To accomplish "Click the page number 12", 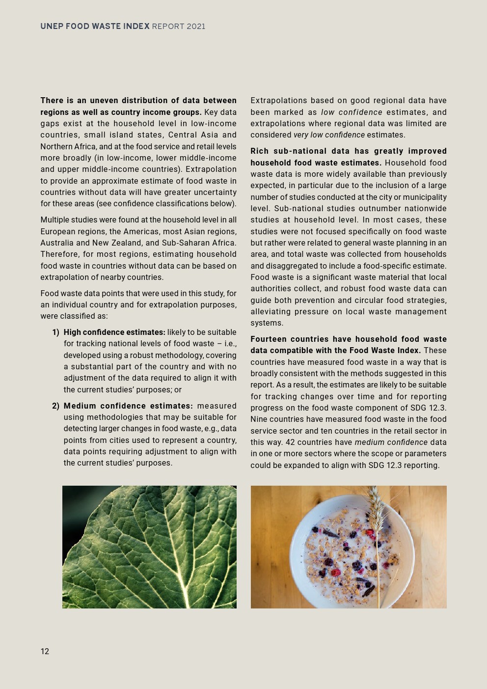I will click(45, 651).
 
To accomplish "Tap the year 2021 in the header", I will click(196, 27).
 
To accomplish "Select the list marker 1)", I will click(56, 332).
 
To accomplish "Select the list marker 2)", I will click(56, 406).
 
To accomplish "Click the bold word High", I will click(73, 332).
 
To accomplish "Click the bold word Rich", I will click(259, 151).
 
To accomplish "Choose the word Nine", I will click(258, 419).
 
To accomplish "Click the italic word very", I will click(301, 135).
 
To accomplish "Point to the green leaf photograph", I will click(149, 547).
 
